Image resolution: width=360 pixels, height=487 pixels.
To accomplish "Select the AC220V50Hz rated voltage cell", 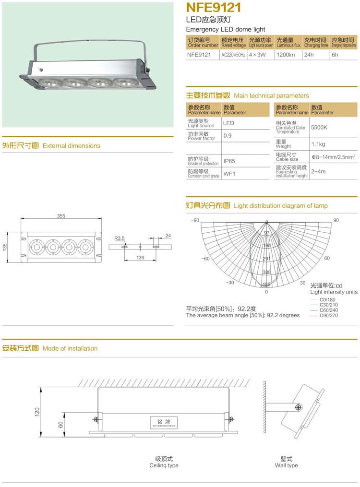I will point(233,55).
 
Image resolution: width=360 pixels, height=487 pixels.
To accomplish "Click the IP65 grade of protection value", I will point(229,161).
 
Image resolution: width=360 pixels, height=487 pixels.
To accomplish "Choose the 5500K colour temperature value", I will point(319,128).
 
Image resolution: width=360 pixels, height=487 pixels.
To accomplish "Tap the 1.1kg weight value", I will point(318,144).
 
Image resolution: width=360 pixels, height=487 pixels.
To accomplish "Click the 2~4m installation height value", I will point(318,171).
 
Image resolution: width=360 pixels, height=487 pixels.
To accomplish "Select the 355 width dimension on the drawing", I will point(61,216).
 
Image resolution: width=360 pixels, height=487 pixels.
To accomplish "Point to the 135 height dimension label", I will point(5,247).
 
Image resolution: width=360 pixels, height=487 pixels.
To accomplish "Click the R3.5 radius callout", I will point(120,238).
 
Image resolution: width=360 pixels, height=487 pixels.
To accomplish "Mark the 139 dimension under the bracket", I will point(140,258).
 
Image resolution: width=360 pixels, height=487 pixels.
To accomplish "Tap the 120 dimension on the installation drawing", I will point(37,412).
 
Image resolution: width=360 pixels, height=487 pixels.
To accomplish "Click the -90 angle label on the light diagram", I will point(194,220).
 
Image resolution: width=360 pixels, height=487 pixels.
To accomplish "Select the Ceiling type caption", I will point(164,465).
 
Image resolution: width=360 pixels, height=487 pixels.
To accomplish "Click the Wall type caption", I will point(286,465).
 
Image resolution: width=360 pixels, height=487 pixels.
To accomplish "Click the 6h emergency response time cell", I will point(335,55).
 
